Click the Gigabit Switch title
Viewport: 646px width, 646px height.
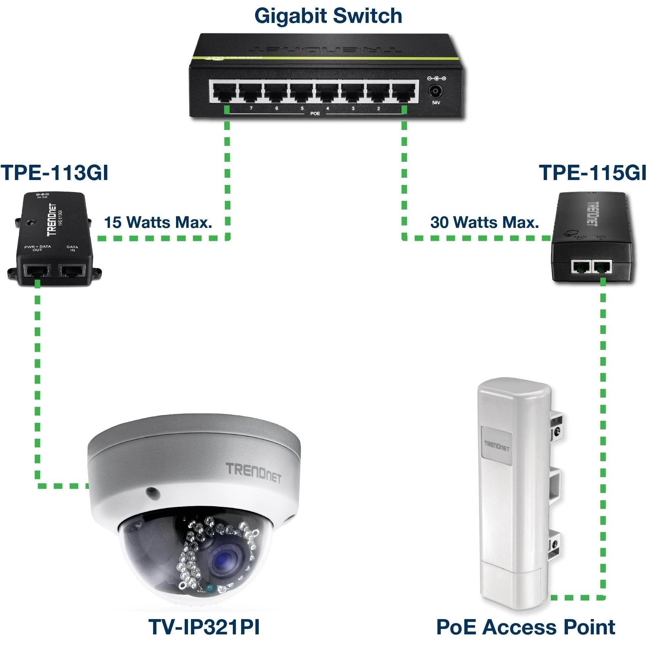(328, 16)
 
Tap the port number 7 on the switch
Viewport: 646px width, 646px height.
(251, 108)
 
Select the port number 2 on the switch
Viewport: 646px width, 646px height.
(378, 108)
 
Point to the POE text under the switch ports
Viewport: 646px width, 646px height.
(315, 114)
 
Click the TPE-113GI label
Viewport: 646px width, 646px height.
(54, 173)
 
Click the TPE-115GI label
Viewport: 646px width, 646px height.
(592, 173)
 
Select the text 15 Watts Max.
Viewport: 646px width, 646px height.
(158, 222)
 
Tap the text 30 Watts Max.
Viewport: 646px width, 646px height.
(485, 222)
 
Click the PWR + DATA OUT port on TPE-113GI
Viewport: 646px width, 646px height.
(37, 270)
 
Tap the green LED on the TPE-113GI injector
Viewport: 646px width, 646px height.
(31, 222)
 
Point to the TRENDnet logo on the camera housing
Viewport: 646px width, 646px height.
(253, 473)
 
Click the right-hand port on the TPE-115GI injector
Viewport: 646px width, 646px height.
(601, 266)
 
